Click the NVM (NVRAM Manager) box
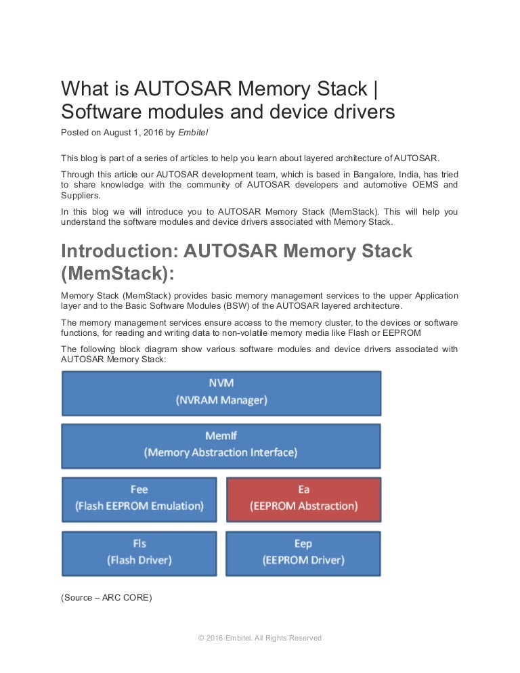221,392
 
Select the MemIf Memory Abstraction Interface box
221,445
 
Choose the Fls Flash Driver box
139,552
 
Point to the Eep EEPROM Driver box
303,552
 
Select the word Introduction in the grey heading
119,252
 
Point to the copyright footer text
259,638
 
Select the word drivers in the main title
362,112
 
